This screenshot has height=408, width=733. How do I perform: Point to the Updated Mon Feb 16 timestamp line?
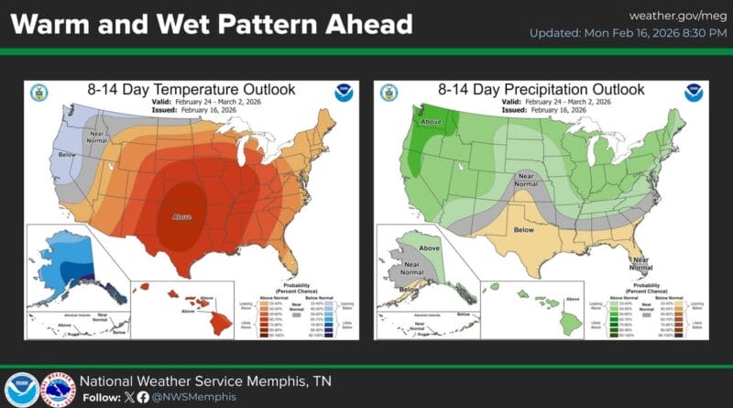pos(627,34)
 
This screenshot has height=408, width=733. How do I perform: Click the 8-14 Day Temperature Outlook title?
pos(191,90)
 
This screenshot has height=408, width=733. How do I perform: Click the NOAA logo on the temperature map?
pos(344,93)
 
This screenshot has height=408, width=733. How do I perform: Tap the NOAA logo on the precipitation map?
pos(694,93)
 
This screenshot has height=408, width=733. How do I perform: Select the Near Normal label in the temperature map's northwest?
pos(96,138)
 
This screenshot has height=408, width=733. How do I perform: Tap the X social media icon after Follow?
pos(127,397)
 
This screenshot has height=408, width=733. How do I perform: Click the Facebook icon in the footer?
pos(143,397)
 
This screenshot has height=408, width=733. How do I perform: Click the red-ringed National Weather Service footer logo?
pos(60,389)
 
